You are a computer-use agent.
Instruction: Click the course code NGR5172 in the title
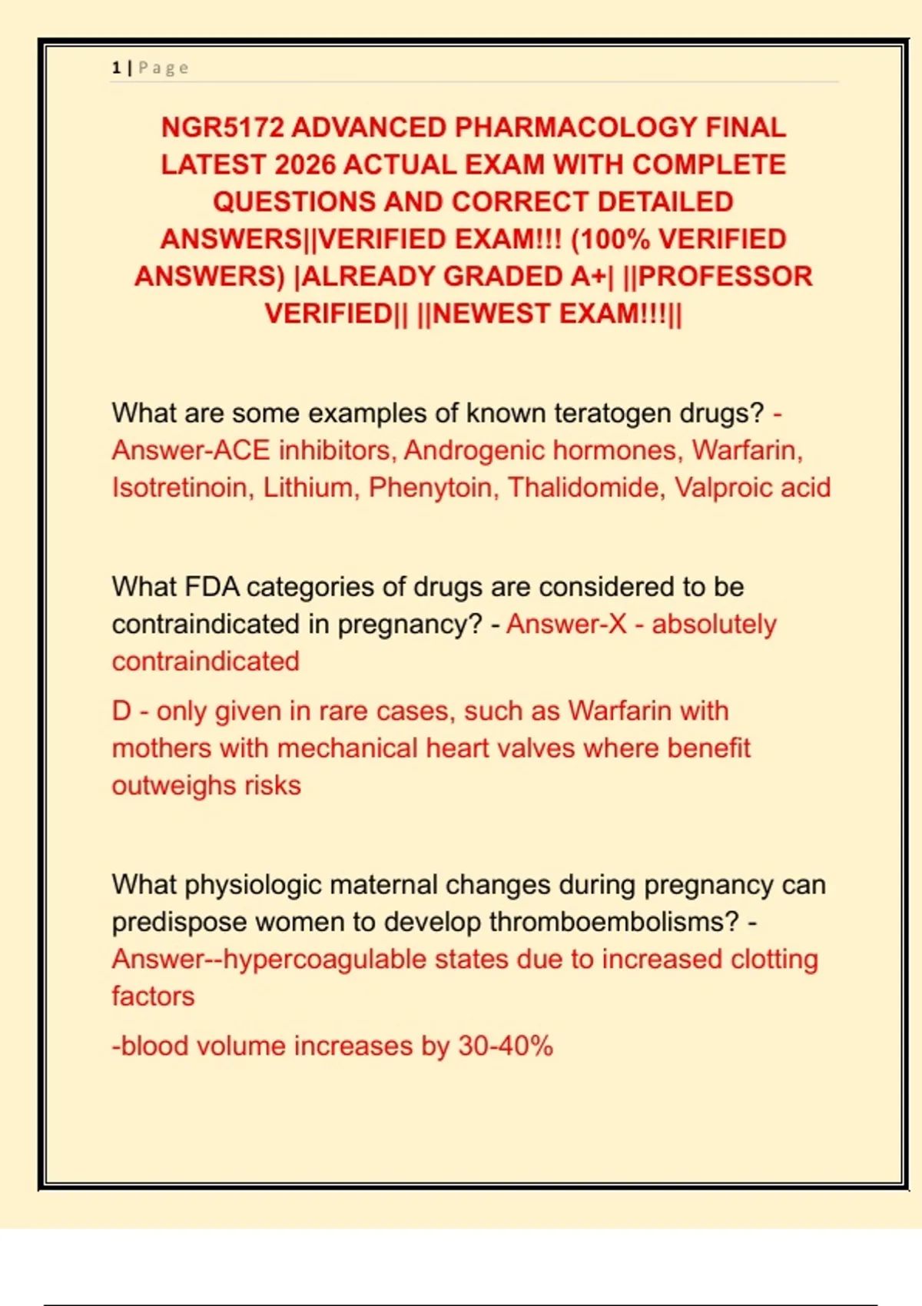[x=222, y=128]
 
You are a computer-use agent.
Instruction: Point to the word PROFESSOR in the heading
[x=725, y=277]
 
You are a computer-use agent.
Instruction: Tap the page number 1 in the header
[x=116, y=68]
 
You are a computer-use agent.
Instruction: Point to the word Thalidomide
[x=583, y=488]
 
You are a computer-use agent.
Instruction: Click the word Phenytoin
[x=430, y=488]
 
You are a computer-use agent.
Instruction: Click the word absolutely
[x=714, y=625]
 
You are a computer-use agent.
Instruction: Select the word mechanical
[x=347, y=748]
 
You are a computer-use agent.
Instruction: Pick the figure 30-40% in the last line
[x=505, y=1046]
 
